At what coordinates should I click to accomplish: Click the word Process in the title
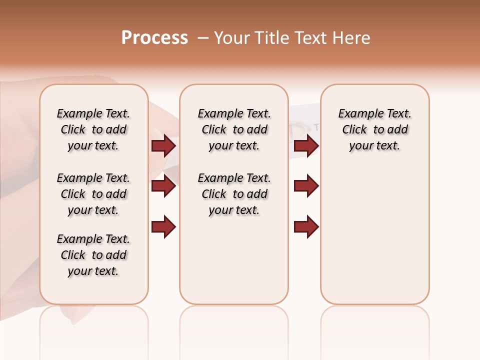click(154, 38)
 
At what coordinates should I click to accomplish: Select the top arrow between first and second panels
click(163, 146)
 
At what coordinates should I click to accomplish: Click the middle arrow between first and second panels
click(163, 186)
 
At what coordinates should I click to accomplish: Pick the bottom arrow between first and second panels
click(163, 226)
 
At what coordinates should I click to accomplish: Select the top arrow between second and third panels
click(306, 146)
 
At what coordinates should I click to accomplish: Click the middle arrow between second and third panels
click(306, 186)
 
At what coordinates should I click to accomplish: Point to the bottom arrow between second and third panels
click(306, 226)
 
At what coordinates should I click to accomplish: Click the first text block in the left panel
click(93, 129)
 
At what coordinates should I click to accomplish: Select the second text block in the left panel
click(93, 194)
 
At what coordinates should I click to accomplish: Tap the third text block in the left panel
click(93, 255)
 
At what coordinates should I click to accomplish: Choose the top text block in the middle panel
click(234, 129)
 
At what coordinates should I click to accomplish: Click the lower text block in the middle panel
click(234, 194)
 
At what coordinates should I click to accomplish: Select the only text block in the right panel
click(374, 129)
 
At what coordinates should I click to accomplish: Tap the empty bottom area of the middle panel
click(234, 265)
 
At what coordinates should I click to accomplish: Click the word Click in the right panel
click(354, 130)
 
